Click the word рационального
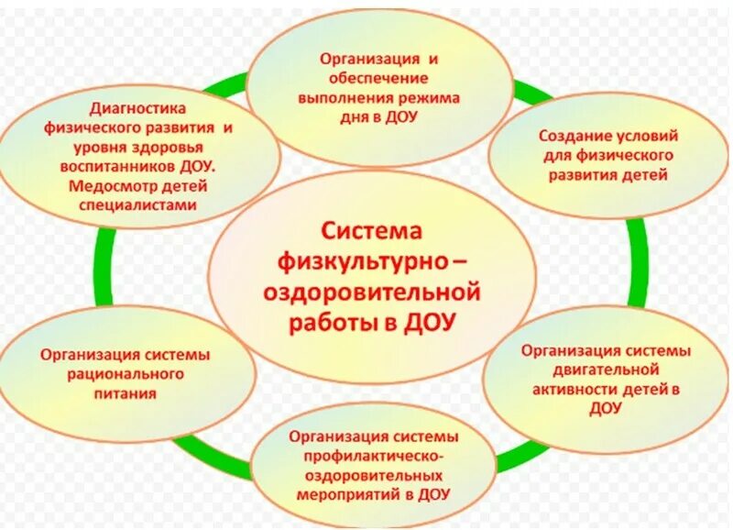pyautogui.click(x=126, y=375)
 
